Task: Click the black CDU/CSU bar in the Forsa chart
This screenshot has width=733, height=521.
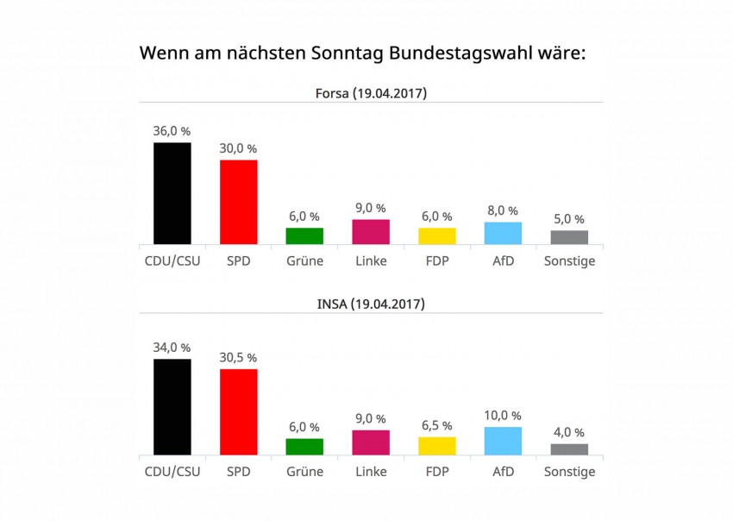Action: coord(172,193)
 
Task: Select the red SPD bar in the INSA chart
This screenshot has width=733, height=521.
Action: coord(239,411)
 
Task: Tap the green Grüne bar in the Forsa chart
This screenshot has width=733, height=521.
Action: coord(304,235)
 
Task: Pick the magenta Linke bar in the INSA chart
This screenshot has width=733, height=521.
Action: coord(371,442)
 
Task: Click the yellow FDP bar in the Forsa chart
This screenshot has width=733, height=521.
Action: coord(437,235)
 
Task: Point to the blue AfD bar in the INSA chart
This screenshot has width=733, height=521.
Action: coord(503,440)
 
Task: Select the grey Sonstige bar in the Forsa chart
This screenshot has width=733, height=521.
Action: coord(569,237)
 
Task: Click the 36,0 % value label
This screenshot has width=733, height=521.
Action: coord(172,131)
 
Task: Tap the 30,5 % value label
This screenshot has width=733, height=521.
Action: coord(239,357)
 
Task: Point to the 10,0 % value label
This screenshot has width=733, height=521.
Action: coord(503,415)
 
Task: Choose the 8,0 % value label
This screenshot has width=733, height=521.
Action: coord(503,210)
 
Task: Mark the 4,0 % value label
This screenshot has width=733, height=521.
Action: coord(569,432)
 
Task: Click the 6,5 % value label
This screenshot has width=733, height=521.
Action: coord(437,425)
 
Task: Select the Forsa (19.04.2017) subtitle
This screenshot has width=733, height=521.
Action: coord(371,93)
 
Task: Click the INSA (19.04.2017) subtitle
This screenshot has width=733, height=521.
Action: coord(371,304)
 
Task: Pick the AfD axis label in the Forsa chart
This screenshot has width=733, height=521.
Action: coord(503,260)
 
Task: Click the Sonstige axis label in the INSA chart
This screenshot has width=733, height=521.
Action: coord(569,471)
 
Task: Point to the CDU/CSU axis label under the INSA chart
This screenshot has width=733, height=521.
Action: coord(172,471)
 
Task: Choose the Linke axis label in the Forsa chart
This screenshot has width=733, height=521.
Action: coord(371,260)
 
